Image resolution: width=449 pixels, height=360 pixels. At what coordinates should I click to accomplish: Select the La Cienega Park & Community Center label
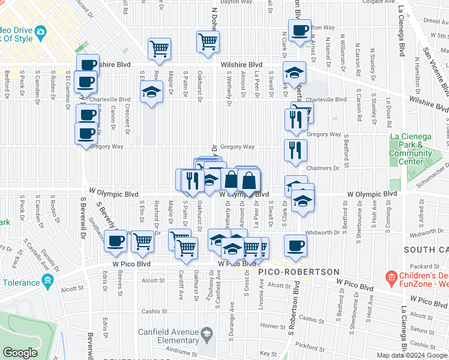(411, 149)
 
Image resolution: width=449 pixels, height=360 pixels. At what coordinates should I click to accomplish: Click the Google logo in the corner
(20, 353)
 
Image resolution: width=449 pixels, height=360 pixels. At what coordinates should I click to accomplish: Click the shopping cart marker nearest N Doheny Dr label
(208, 42)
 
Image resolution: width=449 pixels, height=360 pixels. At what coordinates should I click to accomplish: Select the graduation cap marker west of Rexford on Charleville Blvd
(151, 92)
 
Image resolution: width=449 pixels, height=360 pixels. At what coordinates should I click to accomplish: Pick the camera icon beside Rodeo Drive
(41, 31)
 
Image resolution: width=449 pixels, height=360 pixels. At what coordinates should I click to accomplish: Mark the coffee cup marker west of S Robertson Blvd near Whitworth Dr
(295, 245)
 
